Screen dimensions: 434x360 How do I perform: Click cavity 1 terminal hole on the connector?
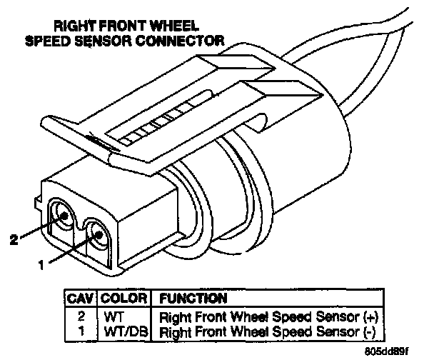pyautogui.click(x=98, y=234)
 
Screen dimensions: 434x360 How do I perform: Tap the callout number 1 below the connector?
pyautogui.click(x=42, y=264)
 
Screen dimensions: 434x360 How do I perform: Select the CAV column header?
pyautogui.click(x=79, y=297)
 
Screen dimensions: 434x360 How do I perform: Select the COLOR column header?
pyautogui.click(x=123, y=297)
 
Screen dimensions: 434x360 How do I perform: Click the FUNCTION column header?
pyautogui.click(x=193, y=297)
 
